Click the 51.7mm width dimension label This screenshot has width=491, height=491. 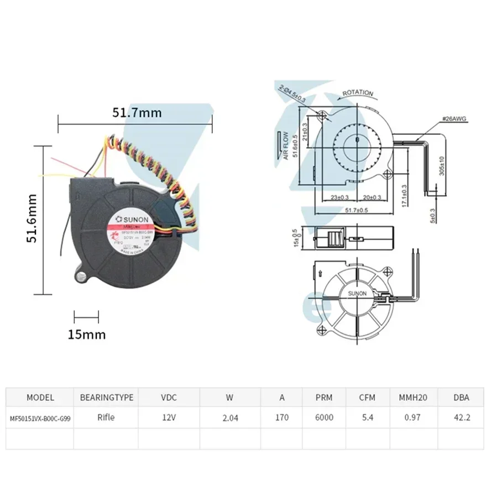pos(137,113)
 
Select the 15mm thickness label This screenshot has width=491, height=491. pos(87,334)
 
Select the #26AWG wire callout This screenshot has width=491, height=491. pos(453,119)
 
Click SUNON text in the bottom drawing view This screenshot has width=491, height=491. pos(357,294)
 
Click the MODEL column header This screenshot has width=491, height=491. pos(40,397)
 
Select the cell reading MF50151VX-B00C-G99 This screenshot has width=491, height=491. pos(40,418)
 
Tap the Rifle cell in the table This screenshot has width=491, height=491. pos(106,417)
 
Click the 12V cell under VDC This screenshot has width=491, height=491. pos(169,418)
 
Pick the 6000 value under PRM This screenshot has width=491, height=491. pos(324,418)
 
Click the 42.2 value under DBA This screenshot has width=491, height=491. pos(462,418)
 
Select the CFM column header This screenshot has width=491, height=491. pos(368,397)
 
